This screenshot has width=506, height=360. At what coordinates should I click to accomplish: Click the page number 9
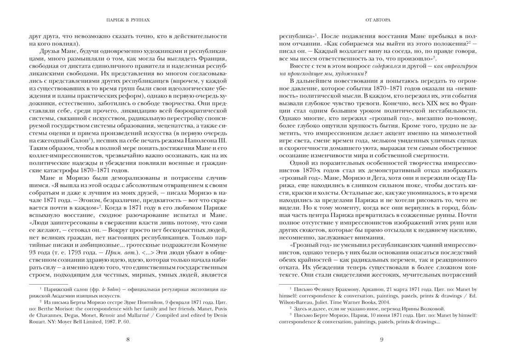click(x=382, y=340)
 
